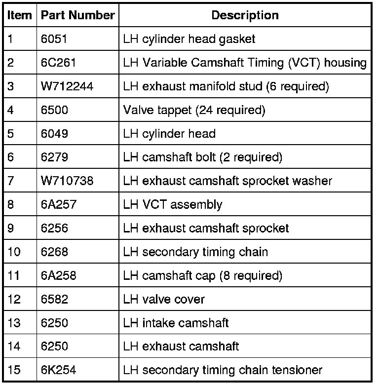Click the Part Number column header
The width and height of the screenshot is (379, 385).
tap(77, 15)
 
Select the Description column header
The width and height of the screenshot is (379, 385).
tap(245, 15)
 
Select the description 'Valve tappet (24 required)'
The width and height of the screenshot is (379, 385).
tap(194, 110)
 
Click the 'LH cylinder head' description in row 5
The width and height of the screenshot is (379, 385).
tap(169, 134)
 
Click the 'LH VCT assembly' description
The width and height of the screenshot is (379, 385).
tap(172, 204)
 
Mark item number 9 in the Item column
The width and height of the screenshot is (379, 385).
tap(11, 228)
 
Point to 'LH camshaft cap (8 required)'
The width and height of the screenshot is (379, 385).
tap(202, 275)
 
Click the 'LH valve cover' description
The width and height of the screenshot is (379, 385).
tap(163, 299)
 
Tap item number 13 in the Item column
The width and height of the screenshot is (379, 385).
tap(14, 323)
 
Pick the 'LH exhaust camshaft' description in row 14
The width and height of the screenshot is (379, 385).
tap(181, 346)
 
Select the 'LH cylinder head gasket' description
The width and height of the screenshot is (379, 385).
tap(189, 39)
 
